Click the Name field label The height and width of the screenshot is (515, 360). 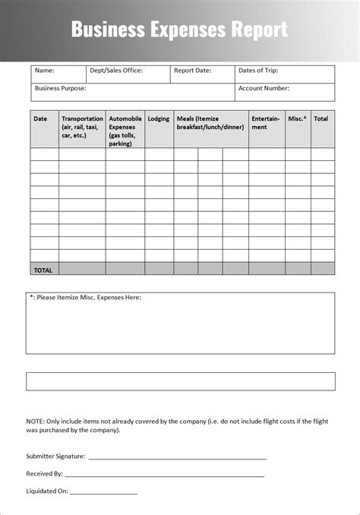tap(45, 71)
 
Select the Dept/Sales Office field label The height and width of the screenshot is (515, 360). tap(115, 71)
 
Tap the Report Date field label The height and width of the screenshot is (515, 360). tap(193, 71)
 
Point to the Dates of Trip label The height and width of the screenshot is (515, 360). tap(258, 71)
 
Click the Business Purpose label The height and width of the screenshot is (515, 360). tap(61, 88)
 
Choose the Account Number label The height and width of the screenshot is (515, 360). tap(264, 88)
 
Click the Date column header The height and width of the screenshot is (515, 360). tap(40, 118)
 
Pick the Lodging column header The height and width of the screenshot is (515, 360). tap(159, 118)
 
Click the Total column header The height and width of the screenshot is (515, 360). tap(321, 118)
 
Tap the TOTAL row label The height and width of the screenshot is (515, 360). tap(43, 270)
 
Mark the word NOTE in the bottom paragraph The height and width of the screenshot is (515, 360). tap(35, 421)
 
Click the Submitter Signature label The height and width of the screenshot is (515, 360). tap(55, 457)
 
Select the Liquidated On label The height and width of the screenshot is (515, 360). tap(47, 491)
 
